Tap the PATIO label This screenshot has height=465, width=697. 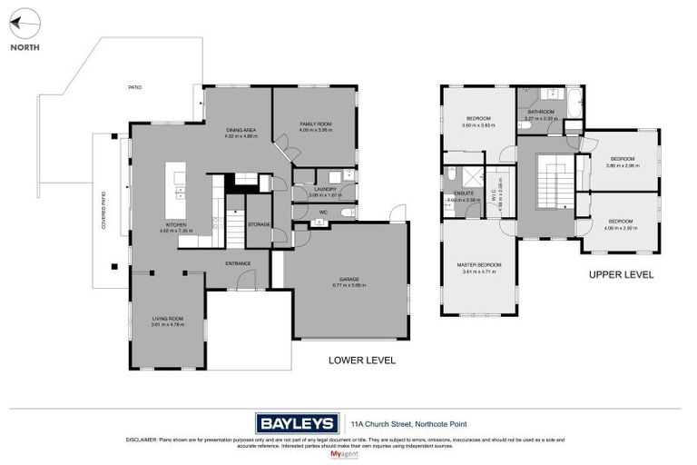(x=134, y=87)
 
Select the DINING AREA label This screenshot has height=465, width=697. (x=241, y=131)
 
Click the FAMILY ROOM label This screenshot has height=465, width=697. (x=316, y=124)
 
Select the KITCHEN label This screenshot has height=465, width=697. (x=176, y=224)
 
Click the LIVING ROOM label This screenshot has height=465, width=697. (x=168, y=319)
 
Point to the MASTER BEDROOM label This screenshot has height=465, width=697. (x=481, y=265)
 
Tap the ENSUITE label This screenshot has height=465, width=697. (x=455, y=193)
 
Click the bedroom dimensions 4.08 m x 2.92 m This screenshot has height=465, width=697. (x=621, y=228)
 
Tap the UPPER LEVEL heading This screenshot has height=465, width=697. (x=621, y=274)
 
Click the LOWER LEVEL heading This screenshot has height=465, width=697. (x=361, y=361)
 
